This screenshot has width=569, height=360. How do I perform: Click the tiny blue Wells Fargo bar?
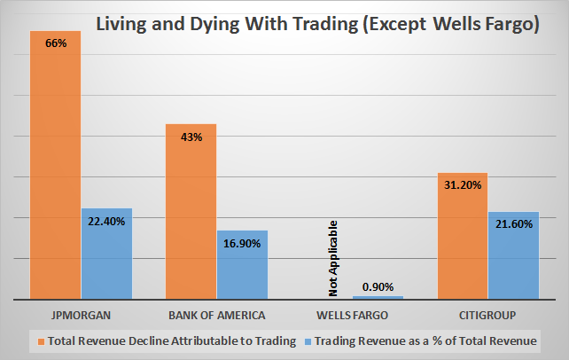[378, 297]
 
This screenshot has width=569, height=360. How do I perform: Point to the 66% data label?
[55, 42]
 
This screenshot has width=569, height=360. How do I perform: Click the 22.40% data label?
[106, 221]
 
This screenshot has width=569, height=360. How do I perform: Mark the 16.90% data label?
[242, 243]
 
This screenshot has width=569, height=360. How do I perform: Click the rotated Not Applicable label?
[333, 263]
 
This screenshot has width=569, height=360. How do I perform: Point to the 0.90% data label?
[378, 286]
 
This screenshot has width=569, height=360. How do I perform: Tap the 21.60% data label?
[513, 224]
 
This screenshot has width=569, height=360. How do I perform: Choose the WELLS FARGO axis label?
[352, 315]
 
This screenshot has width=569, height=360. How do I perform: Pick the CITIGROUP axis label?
[487, 315]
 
